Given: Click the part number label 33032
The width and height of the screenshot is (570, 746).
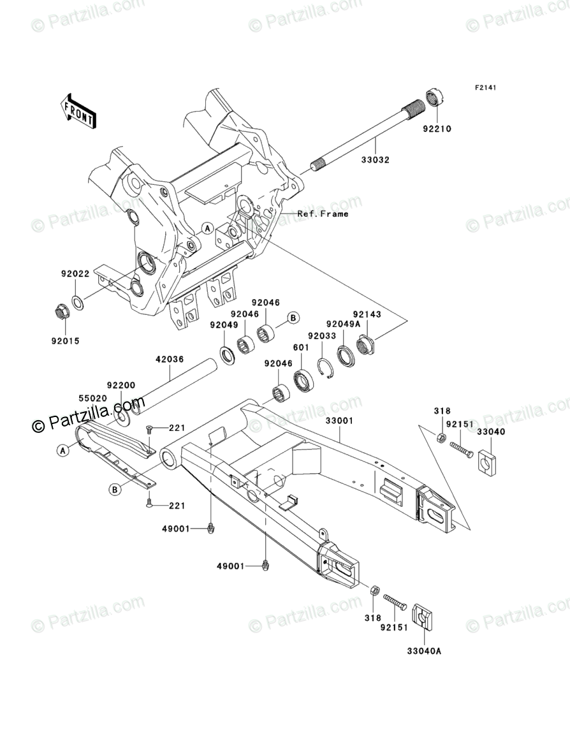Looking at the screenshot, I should click(376, 160).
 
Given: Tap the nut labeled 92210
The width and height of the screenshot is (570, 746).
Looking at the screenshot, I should click(435, 98).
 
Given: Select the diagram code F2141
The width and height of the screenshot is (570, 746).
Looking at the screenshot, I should click(485, 87).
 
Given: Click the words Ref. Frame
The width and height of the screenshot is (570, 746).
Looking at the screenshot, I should click(323, 214).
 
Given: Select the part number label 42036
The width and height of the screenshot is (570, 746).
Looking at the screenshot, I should click(170, 360).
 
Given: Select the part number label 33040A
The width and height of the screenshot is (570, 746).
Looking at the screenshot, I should click(425, 651).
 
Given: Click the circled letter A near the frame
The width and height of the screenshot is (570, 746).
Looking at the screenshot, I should click(207, 228).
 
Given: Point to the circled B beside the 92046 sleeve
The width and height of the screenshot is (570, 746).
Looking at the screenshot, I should click(293, 318).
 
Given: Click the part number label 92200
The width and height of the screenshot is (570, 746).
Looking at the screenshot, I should click(120, 386).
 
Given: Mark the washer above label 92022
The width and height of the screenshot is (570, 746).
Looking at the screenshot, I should click(76, 301).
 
